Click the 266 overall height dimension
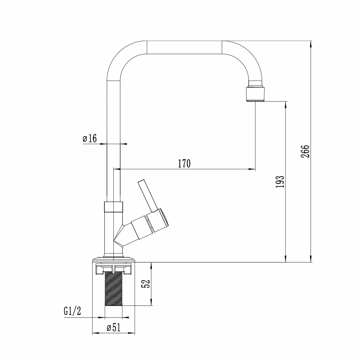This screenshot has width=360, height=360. pos(305,151)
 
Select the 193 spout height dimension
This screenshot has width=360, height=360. pos(280,181)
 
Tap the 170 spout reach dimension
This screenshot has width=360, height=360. pos(184,163)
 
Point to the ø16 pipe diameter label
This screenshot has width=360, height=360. pos(90,138)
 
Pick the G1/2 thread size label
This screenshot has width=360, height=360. pos(72,311)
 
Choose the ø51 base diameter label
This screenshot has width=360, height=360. pos(114,327)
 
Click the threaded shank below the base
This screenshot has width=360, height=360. pos(114,288)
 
